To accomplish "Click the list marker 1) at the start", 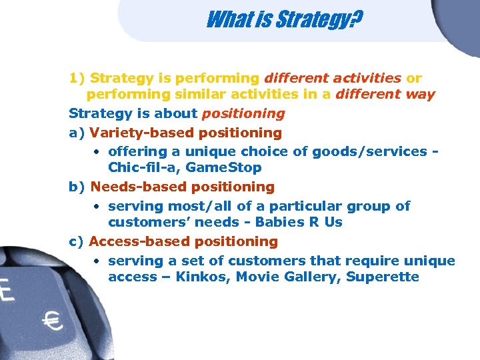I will (x=77, y=79).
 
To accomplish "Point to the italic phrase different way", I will (x=385, y=95).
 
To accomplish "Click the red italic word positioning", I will (x=243, y=113).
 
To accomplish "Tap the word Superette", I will (x=383, y=277).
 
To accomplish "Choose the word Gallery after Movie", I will (x=309, y=277).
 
